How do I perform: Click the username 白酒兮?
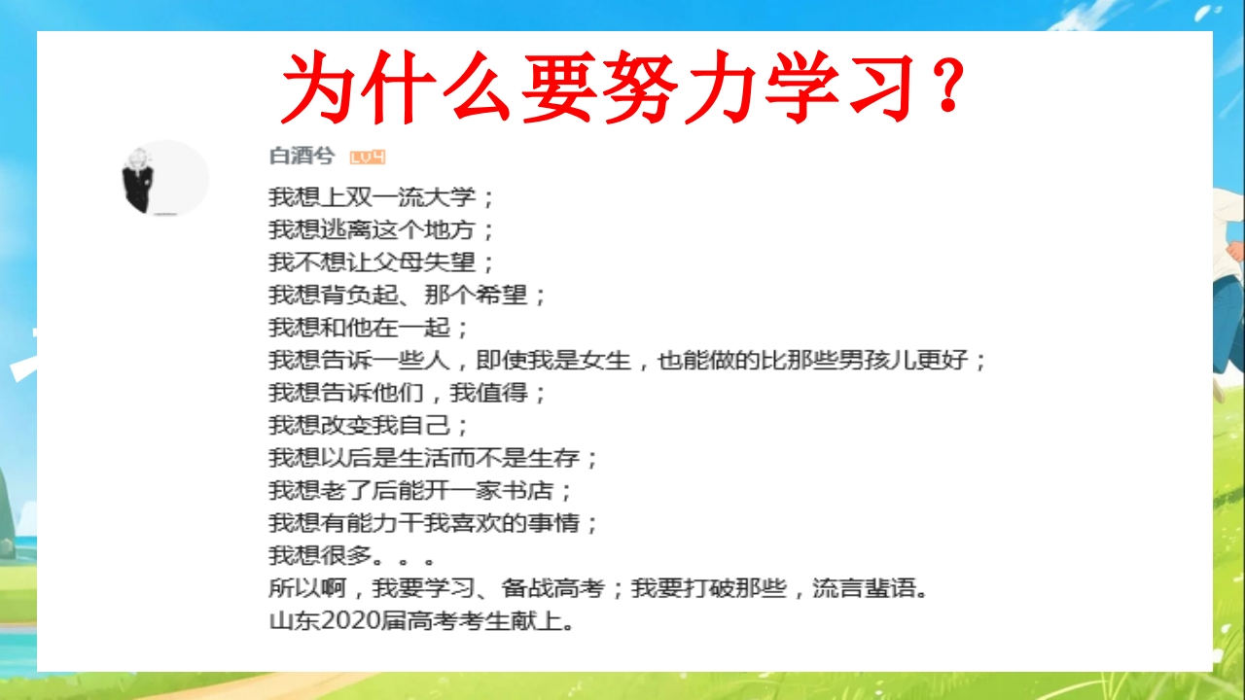[x=302, y=157]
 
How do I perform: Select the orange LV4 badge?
[x=367, y=157]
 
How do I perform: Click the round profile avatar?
[x=165, y=178]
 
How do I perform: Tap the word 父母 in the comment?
[x=399, y=262]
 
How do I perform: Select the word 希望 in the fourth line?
[x=501, y=295]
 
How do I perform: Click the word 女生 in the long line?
[x=605, y=360]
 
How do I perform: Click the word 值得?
[x=501, y=393]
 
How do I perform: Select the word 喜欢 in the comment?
[x=476, y=523]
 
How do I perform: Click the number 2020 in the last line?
[x=350, y=621]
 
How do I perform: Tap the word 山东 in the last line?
[x=295, y=621]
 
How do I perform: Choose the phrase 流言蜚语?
[x=865, y=588]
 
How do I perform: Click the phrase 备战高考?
[x=553, y=588]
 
